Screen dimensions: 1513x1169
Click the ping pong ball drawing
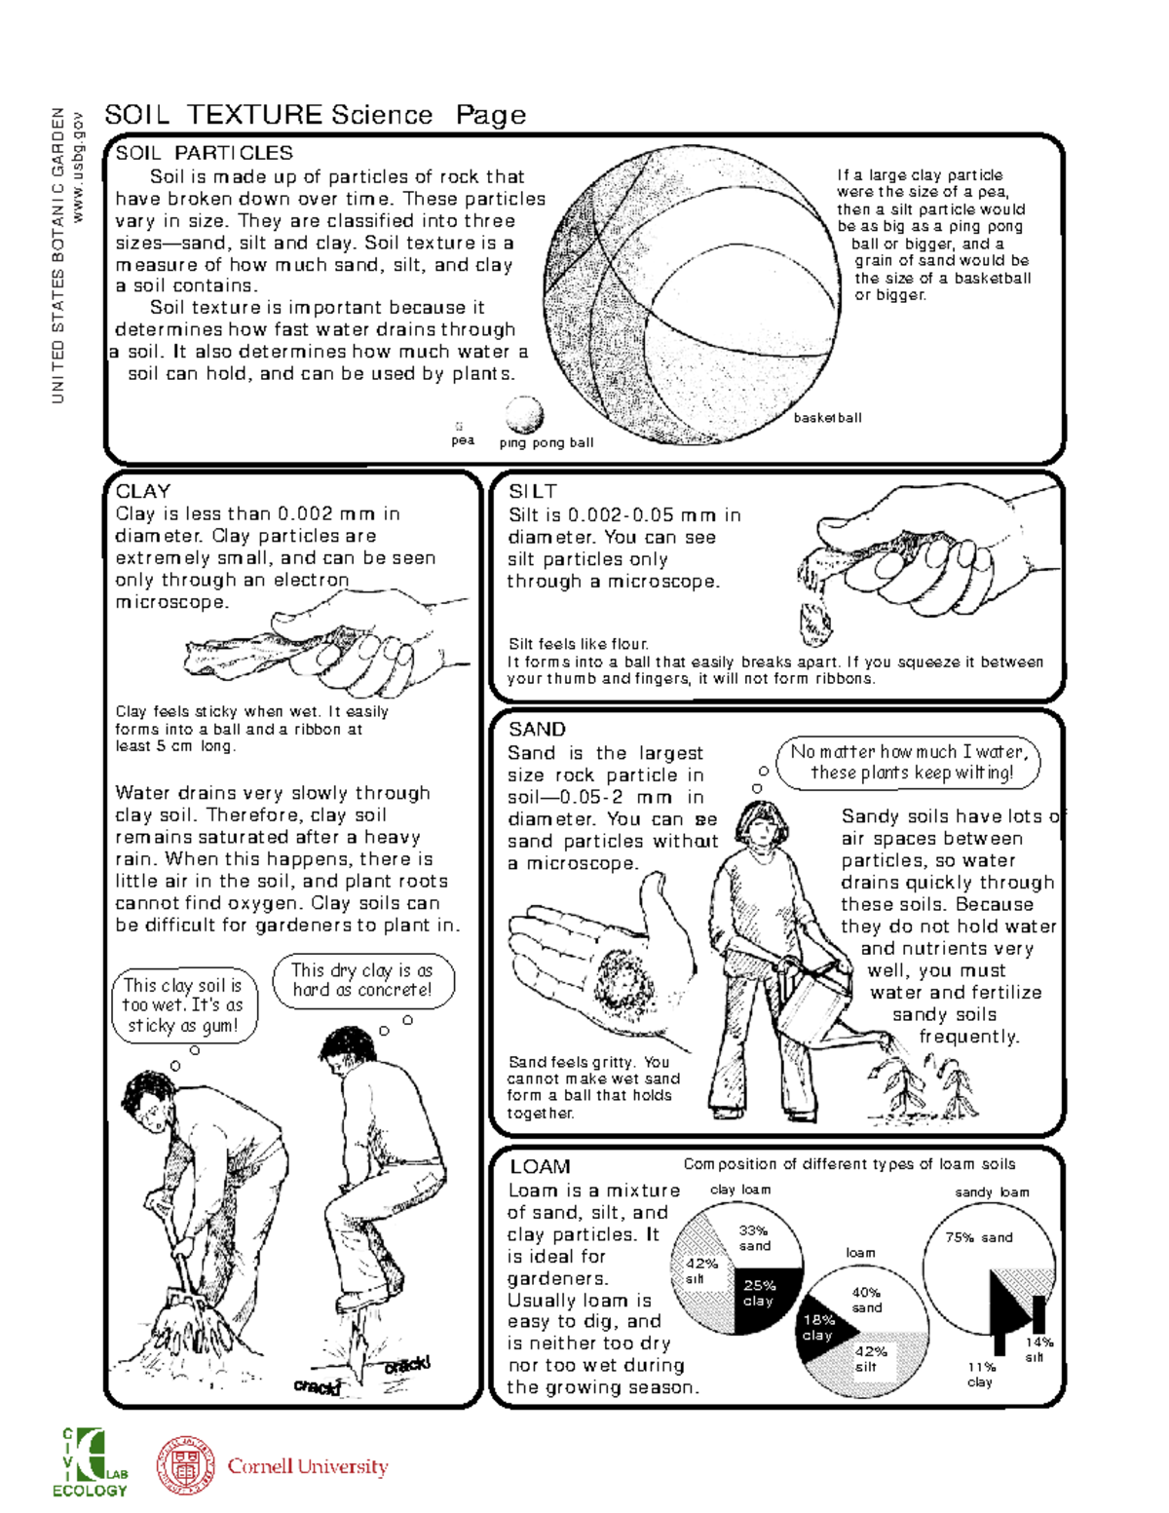524,415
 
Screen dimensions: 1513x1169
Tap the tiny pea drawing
459,426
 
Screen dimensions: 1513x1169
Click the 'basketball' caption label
827,418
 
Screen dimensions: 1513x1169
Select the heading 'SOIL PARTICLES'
204,153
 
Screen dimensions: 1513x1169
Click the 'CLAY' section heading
143,491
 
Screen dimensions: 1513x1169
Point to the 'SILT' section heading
533,491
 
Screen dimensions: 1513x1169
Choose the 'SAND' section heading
537,729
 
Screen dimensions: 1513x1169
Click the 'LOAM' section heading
540,1166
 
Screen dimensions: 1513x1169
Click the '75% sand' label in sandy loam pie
979,1237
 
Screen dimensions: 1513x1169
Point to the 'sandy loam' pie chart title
992,1191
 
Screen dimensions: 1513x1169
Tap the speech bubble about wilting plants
908,763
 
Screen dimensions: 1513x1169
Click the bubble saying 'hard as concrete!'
361,980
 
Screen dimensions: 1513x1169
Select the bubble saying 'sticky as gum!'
183,1005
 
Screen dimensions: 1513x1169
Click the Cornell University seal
186,1464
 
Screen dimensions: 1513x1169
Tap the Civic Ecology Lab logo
90,1462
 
